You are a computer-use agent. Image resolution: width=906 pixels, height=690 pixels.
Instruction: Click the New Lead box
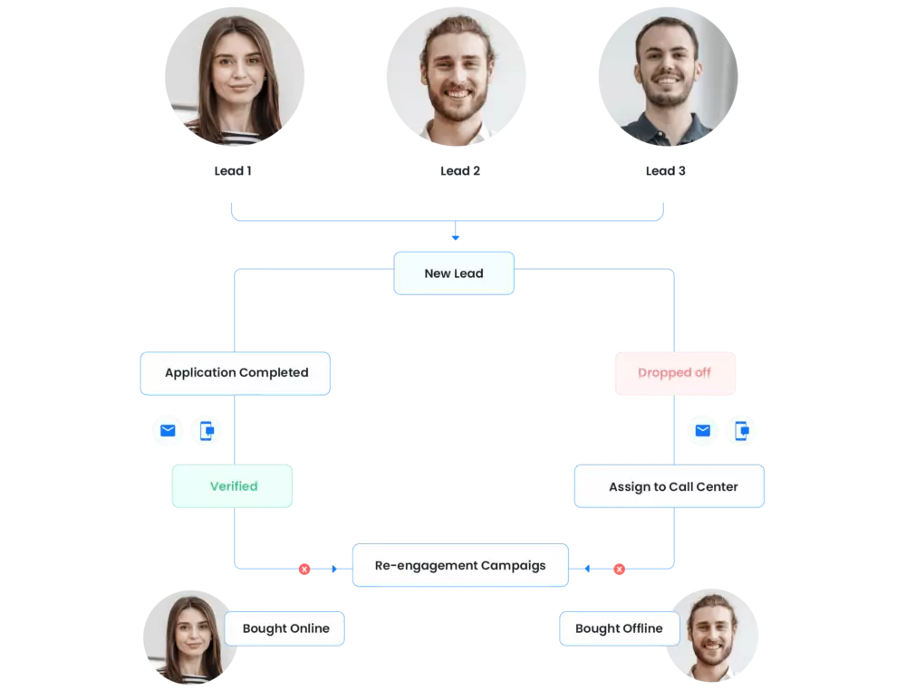(453, 273)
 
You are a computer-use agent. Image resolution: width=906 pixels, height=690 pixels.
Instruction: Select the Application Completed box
(236, 373)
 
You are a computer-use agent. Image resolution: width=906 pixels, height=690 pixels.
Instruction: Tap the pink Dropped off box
(674, 373)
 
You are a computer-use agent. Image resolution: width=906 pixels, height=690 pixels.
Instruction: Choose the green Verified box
(233, 486)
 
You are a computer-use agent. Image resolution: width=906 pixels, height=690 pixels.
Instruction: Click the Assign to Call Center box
(670, 487)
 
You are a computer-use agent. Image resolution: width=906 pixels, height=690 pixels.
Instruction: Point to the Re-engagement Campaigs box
(460, 566)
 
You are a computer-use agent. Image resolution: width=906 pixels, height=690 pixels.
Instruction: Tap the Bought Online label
(285, 628)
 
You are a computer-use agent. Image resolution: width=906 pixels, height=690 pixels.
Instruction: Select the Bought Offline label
(619, 628)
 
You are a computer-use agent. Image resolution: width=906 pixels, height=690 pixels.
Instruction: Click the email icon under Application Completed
(168, 431)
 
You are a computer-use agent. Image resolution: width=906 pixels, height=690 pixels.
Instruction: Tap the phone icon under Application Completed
(207, 431)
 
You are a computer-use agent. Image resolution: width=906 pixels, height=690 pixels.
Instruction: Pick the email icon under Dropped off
(702, 431)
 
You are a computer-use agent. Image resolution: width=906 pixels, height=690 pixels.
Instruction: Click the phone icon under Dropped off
(742, 431)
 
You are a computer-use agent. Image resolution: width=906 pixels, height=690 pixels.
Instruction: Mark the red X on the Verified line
(304, 570)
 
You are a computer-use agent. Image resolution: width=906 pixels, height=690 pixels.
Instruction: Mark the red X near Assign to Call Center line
(620, 570)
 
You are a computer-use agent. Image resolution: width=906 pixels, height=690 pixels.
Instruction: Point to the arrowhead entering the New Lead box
(456, 238)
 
